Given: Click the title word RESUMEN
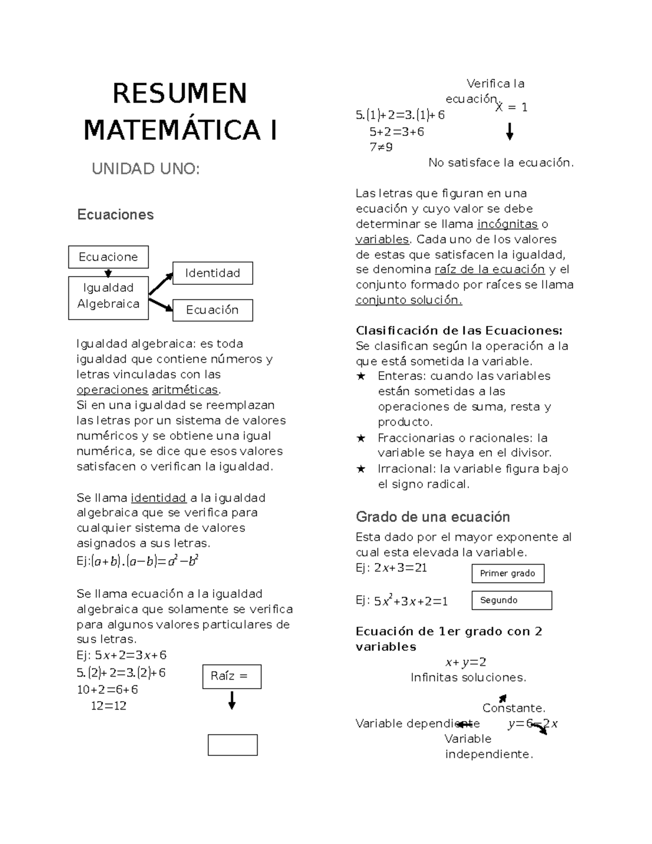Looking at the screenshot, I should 179,93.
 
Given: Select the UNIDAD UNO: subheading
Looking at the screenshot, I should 146,169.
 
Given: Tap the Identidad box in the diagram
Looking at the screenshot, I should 212,273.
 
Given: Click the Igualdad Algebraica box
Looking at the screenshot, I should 108,297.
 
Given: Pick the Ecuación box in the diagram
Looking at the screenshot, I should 212,310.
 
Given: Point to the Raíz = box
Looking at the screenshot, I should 231,676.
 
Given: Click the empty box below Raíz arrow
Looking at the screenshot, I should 233,745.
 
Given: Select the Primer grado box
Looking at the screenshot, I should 507,573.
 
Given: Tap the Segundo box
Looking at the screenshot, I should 511,600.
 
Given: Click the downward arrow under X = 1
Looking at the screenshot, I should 510,132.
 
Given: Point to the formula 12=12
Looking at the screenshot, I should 109,706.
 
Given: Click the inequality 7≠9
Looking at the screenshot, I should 381,147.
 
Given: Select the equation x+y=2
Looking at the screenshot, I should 466,662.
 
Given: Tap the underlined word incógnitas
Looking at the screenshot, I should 507,224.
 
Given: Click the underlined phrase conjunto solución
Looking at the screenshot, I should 409,300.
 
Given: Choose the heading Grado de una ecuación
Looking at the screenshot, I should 432,516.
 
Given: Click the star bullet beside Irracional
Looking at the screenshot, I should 361,469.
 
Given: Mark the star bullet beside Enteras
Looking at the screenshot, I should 361,376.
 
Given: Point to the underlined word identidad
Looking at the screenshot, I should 159,498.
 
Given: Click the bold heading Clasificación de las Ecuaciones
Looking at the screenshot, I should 459,330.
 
